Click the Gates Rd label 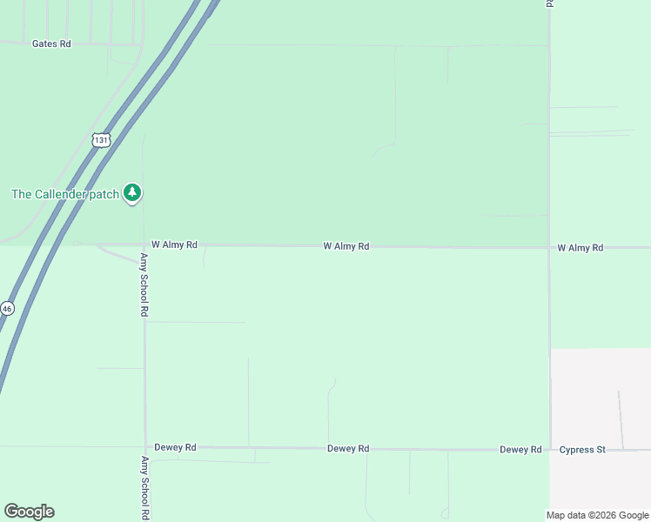coord(51,43)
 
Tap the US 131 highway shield coord(101,139)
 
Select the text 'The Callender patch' coord(64,194)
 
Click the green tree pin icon coord(132,192)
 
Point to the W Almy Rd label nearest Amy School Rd coord(174,245)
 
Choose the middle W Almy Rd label coord(346,247)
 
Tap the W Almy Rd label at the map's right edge coord(581,248)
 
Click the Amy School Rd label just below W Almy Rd coord(145,284)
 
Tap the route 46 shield coord(7,308)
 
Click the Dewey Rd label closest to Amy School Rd coord(175,447)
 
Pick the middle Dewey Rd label coord(348,449)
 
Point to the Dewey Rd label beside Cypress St coord(520,450)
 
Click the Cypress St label coord(582,450)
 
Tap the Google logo coord(29,512)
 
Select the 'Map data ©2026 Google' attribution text coord(597,515)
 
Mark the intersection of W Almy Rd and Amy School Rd coord(144,245)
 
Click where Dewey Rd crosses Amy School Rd coord(145,447)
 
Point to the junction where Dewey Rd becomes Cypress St coord(549,450)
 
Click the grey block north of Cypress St coord(601,396)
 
